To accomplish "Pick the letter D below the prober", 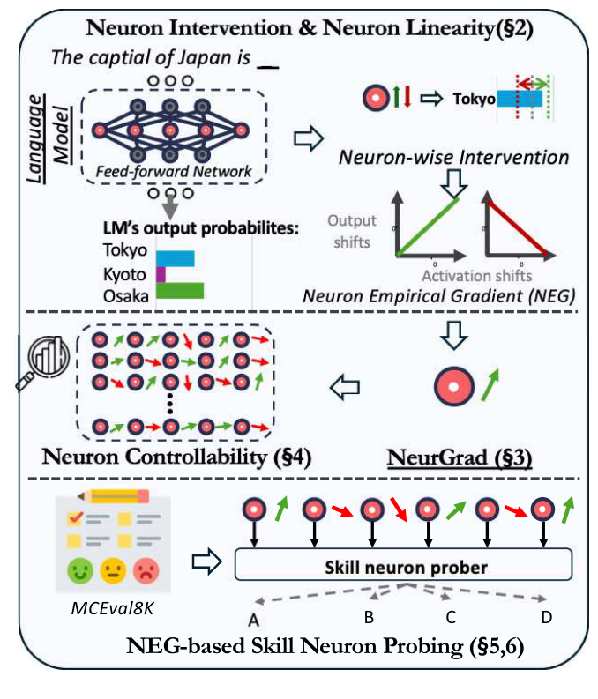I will (x=547, y=618).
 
